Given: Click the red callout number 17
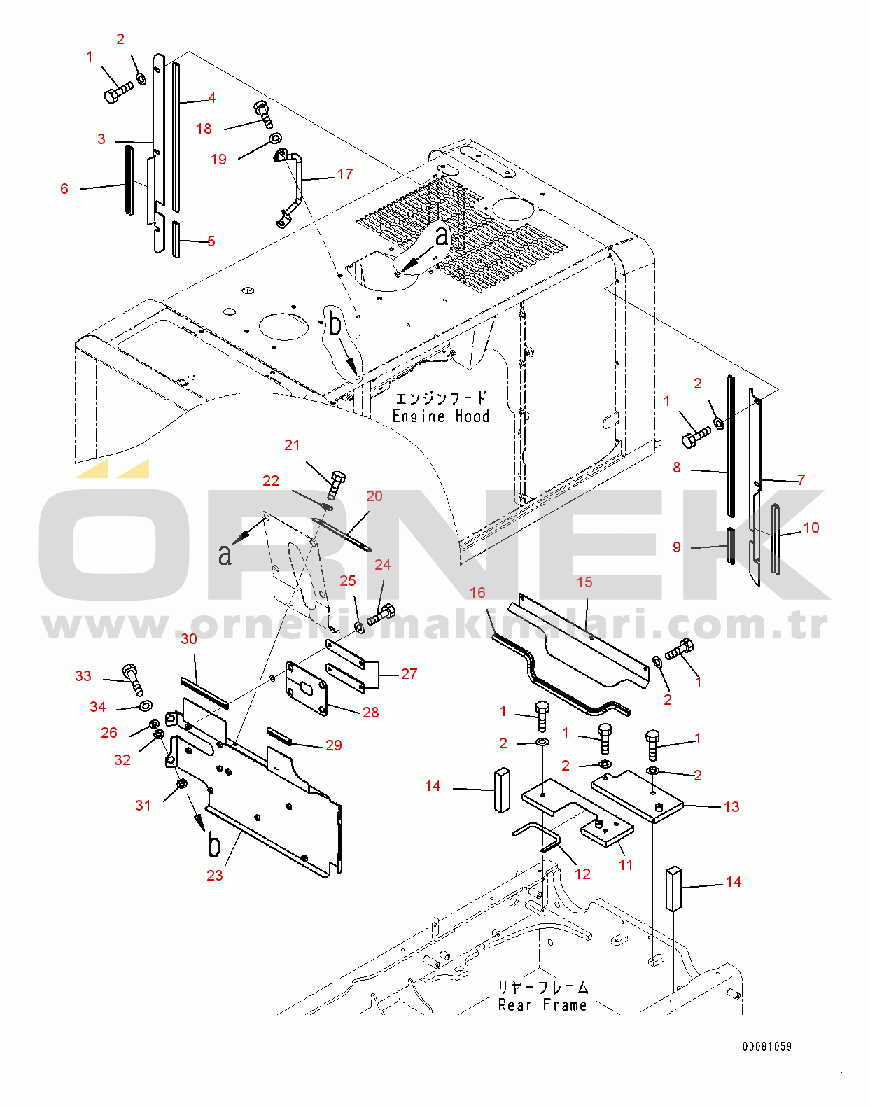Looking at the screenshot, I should [345, 174].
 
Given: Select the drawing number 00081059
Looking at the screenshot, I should [767, 1046].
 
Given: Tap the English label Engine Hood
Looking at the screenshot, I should [440, 416].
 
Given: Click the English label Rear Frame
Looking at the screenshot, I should [542, 1005].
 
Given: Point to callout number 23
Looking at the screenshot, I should [215, 875].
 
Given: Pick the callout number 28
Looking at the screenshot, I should [370, 712].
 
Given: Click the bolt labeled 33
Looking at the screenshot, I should [133, 679].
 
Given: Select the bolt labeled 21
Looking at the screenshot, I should [336, 484].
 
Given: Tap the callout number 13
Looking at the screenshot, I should [731, 806].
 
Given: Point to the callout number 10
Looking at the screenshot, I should [811, 527].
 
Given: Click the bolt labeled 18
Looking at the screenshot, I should [264, 115].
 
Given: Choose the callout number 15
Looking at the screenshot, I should [584, 582].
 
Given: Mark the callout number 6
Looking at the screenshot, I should [64, 188].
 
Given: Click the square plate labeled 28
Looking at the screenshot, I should [307, 689].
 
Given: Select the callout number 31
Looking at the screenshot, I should [143, 805].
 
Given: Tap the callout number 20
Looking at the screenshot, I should [374, 496].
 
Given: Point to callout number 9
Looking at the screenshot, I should [676, 547].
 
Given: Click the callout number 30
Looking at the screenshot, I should [189, 638].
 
